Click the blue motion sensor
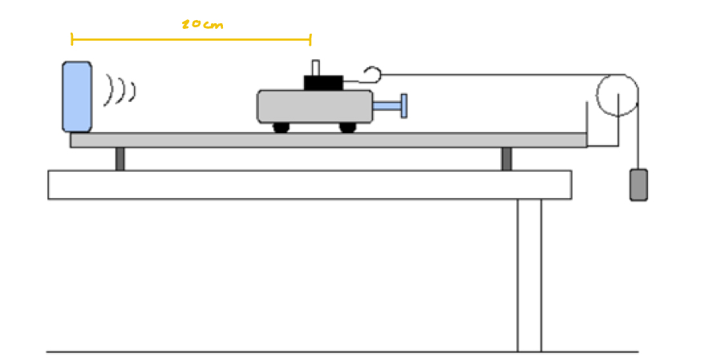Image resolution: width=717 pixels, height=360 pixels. coord(77,96)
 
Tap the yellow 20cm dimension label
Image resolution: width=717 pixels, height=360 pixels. coord(202,25)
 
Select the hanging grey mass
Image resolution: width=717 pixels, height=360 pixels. coord(638,184)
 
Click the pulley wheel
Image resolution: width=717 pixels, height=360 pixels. coord(618,95)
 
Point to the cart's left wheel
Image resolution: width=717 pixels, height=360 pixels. coord(281,127)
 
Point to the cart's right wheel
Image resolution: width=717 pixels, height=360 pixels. coord(347,127)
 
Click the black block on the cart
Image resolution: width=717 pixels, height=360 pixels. coord(322,82)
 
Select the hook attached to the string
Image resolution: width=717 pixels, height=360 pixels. coord(370,75)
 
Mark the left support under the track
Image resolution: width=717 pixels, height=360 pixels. coord(119,159)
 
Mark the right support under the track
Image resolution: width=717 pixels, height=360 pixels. coord(507,159)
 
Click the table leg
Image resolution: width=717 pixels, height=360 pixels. coord(529,273)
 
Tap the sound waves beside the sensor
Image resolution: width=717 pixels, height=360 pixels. coord(120,89)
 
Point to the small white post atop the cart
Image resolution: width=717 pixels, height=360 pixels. coord(315,67)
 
